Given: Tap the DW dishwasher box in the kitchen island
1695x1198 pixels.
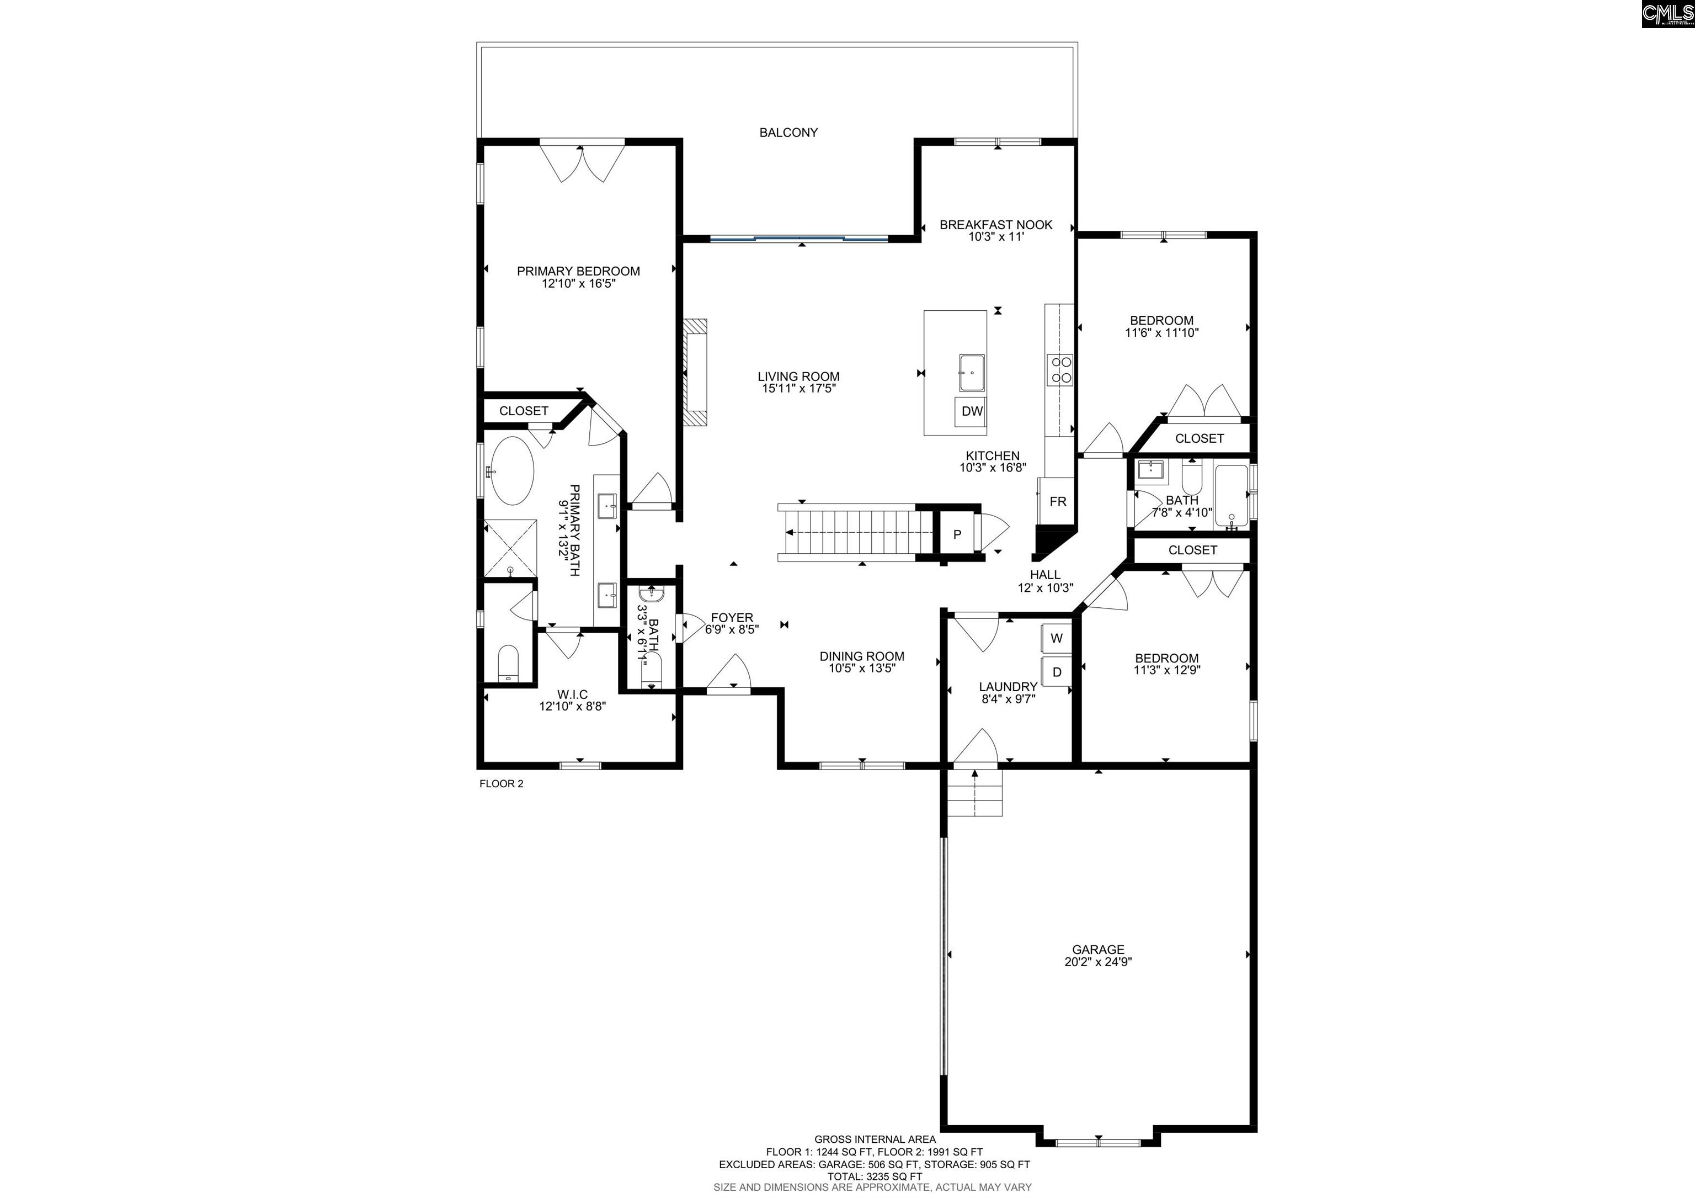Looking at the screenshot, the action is pos(972,411).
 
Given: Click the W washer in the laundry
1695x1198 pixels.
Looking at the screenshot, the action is pos(1057,638).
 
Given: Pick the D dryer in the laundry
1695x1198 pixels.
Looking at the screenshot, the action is pos(1057,672).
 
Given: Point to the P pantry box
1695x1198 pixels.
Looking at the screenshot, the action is pos(957,534).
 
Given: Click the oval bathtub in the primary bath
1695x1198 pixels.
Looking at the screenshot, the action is pos(513,470).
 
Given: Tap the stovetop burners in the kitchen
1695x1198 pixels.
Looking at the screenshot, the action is pos(1062,369).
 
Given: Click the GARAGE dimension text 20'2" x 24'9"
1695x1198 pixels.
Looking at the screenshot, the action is pos(1098,962).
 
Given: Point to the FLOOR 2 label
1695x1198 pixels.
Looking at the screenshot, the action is pos(501,783).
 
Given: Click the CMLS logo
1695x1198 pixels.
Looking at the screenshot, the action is pos(1667,14).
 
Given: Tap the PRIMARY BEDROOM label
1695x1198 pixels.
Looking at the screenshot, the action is pos(578,271).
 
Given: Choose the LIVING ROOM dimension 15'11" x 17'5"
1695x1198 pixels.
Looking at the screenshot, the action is pos(798,389).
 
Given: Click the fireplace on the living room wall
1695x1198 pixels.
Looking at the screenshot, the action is pos(695,372).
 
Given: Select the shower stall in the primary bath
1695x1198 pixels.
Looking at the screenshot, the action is pos(510,548).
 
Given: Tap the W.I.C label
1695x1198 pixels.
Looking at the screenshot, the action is pos(572,695).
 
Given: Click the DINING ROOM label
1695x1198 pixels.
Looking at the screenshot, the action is pos(861,656).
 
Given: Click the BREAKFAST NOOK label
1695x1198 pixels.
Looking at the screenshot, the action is pos(996,225).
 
